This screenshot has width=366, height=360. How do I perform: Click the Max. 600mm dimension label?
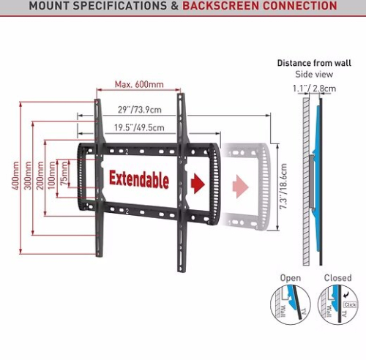click(139, 84)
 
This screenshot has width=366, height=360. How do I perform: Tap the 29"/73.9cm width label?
click(140, 110)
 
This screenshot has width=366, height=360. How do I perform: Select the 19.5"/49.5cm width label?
click(139, 127)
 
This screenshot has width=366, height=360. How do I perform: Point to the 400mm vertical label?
click(15, 176)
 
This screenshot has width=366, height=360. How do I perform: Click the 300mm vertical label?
click(28, 176)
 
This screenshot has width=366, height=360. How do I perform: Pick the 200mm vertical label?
click(40, 176)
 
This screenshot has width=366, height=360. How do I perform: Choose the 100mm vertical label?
click(52, 176)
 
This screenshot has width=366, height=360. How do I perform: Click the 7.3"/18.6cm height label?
click(283, 187)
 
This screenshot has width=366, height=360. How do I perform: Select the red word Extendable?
click(139, 180)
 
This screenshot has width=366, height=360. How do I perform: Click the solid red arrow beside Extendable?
click(198, 184)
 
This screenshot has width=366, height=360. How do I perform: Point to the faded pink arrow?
click(241, 187)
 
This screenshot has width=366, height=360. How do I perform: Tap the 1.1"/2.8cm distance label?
click(314, 89)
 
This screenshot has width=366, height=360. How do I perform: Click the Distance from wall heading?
click(314, 63)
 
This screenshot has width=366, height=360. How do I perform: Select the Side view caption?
click(314, 74)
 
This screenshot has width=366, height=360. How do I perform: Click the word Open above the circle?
click(291, 278)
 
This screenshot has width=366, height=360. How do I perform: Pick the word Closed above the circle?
click(338, 278)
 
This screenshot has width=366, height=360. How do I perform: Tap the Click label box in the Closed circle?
click(350, 304)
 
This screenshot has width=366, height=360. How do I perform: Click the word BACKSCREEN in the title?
click(220, 5)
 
